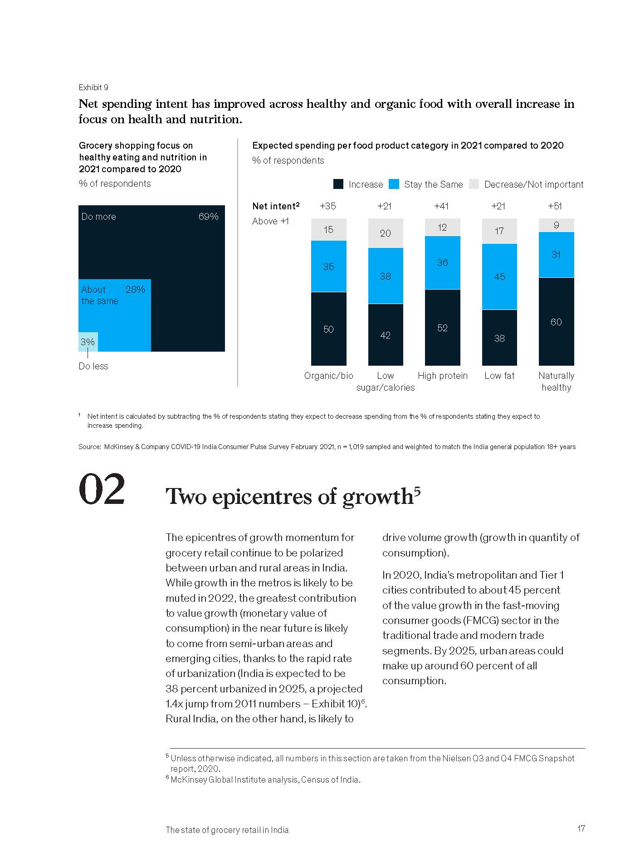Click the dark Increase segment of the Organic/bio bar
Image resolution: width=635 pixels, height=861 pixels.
coord(328,329)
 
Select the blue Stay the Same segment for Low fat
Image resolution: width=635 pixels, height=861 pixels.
coord(499,276)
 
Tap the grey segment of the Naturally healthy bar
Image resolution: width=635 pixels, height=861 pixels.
coord(556,225)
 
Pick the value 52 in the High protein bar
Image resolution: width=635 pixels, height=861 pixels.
coord(442,328)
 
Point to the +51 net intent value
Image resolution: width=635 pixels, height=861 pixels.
coord(555,206)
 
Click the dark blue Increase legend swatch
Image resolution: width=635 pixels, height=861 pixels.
coord(338,184)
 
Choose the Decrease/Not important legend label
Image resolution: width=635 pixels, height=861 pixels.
coord(533,184)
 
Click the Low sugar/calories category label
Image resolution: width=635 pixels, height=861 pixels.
coord(386,382)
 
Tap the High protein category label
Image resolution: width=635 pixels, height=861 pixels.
coord(442,376)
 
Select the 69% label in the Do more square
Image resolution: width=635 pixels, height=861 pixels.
coord(208,217)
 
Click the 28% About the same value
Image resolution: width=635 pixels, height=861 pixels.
coord(135,290)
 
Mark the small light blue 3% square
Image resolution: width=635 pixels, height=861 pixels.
coord(88,342)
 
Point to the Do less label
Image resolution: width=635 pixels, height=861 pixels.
coord(93,366)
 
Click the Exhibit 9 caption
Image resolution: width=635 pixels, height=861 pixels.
coord(93,87)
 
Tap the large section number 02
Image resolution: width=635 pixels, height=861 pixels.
coord(102,489)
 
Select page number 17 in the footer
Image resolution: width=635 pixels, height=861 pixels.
coord(581,829)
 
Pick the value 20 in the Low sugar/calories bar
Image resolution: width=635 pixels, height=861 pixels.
coord(385,233)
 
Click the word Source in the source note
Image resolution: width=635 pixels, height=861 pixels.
coord(89,447)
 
